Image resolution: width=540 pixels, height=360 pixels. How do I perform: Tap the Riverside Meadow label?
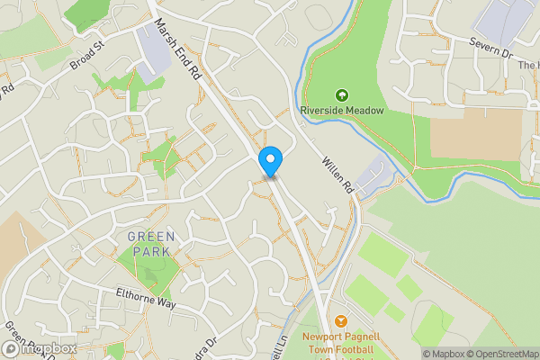click(x=342, y=110)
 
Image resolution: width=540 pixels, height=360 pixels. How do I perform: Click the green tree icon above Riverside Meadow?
click(x=341, y=94)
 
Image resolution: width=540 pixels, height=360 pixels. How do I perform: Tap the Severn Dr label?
click(x=494, y=54)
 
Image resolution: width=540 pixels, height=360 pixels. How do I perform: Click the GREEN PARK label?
click(x=151, y=244)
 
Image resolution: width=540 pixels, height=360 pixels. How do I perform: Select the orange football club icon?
click(x=341, y=320)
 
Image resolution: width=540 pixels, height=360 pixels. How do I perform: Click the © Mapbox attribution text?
click(x=444, y=353)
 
